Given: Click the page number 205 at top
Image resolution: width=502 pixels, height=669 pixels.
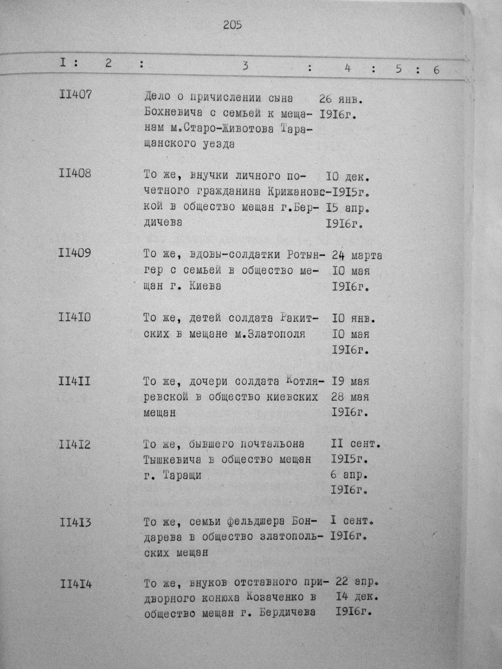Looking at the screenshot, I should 233,25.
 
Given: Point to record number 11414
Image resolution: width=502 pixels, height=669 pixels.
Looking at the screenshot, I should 76,584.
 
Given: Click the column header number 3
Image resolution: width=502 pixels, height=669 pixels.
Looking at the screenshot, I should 245,66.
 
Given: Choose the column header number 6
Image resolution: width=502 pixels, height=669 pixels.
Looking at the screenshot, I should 436,70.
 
